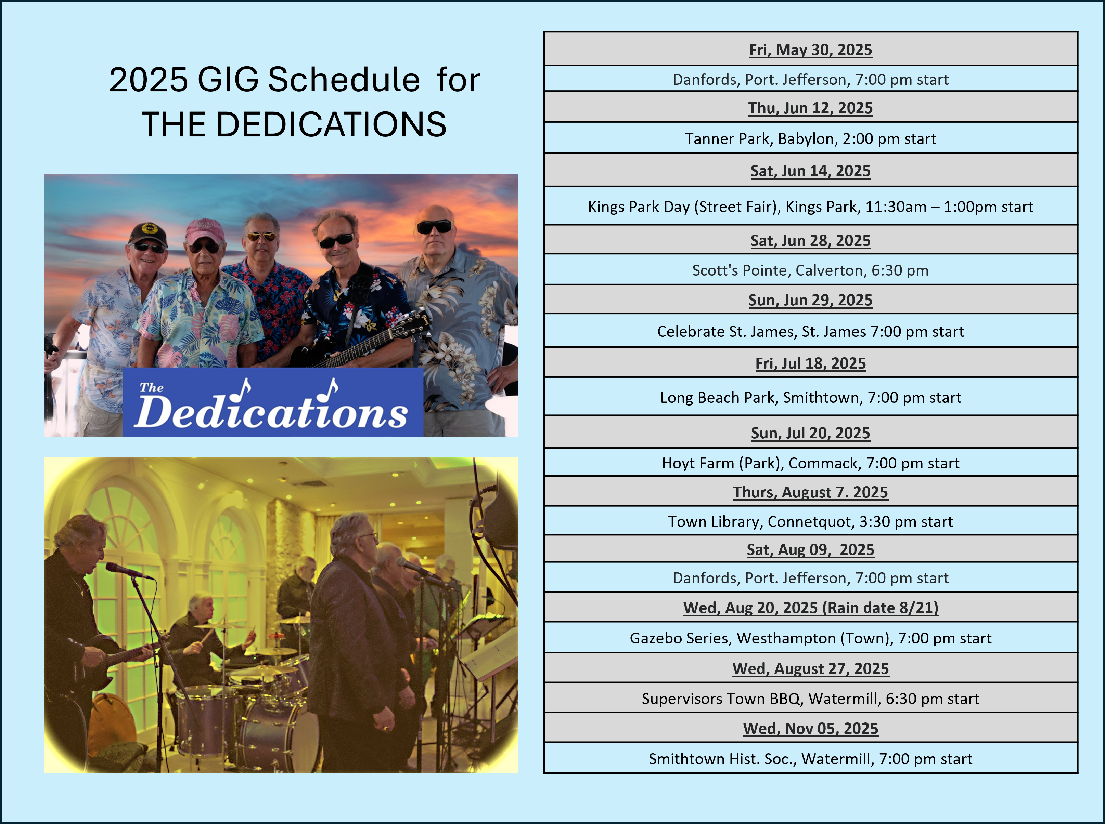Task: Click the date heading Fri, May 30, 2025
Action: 811,50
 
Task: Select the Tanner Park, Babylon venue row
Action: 811,139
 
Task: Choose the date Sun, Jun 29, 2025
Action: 811,300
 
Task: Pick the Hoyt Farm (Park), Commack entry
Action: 811,463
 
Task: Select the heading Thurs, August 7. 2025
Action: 811,492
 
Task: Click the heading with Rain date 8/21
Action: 811,608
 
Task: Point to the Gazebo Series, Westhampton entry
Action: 811,638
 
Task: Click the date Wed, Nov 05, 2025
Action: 811,729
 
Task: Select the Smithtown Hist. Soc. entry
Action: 811,759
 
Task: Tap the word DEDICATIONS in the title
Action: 331,124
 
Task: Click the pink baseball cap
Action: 204,231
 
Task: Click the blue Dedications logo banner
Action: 273,402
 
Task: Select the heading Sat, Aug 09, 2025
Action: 811,550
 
